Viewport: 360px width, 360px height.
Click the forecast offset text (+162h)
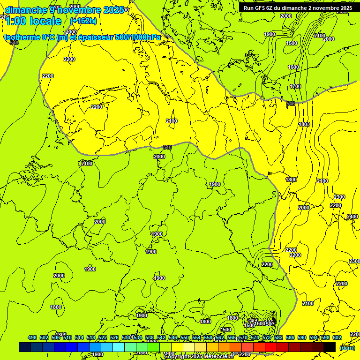tap(83, 21)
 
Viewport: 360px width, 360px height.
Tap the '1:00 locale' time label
tap(33, 21)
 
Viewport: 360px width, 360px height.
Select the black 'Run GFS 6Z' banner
tap(298, 8)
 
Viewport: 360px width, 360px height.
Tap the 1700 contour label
tap(295, 86)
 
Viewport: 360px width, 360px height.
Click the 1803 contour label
tap(305, 124)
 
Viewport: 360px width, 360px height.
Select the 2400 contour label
tap(352, 217)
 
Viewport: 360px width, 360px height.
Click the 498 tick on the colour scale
tap(32, 337)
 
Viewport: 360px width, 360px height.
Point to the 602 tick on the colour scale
tap(337, 337)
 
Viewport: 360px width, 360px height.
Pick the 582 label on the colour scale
tap(278, 337)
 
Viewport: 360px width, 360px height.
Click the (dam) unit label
tap(347, 347)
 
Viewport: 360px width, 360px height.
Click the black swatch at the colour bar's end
tap(330, 347)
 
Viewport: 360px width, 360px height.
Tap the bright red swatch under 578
tap(271, 347)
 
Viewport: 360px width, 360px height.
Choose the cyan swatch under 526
tap(119, 347)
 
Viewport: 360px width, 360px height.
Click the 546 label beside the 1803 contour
tap(291, 104)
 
